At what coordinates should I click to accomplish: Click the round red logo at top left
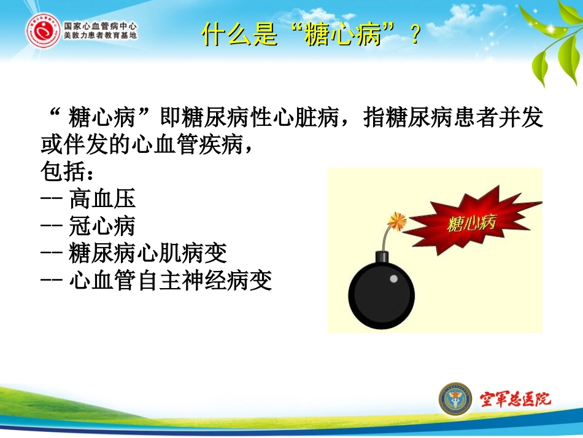pos(42,32)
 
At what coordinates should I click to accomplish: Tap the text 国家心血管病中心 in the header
pos(101,27)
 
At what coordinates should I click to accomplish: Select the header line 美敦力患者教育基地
pos(101,37)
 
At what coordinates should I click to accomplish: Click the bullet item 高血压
pos(102,198)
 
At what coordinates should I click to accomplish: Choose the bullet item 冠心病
pos(102,227)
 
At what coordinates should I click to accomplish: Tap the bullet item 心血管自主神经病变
pos(171,281)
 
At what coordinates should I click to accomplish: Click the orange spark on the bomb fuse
pos(398,220)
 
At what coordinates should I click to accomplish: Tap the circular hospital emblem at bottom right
pos(455,399)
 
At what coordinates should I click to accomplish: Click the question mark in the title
pos(414,36)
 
